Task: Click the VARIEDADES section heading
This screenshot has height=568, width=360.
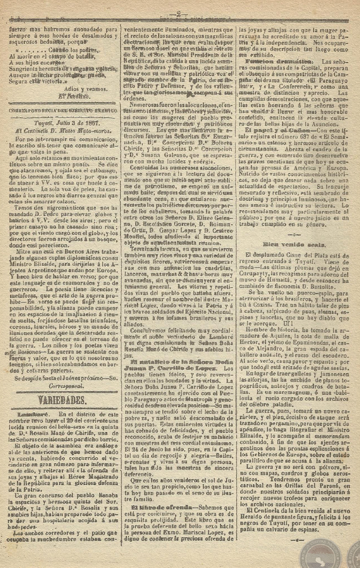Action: pos(60,400)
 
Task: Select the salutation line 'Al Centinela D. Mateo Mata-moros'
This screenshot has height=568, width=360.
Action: pos(59,131)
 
